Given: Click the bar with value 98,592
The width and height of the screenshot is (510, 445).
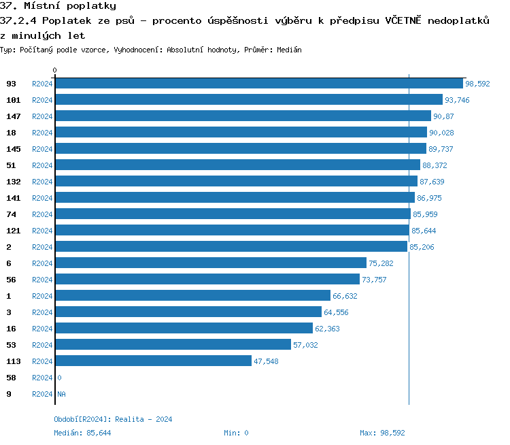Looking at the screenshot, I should (258, 84).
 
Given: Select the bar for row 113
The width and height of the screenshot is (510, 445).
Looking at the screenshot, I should (153, 361).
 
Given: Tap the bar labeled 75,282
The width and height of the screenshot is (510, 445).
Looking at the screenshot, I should (211, 263).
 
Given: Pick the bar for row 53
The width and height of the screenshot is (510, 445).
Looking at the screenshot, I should (173, 345).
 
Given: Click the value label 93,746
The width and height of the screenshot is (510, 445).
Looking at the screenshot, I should (457, 100).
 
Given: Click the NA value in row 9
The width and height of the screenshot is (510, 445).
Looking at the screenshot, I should (61, 394).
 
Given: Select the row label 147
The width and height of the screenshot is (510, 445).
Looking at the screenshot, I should (14, 116).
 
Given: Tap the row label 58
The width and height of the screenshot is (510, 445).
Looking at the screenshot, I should (11, 378).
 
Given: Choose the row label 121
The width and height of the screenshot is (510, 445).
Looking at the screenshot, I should (14, 231).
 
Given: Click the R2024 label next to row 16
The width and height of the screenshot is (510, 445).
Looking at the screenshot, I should (42, 329).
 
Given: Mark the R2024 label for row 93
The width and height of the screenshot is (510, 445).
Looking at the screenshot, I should (42, 84).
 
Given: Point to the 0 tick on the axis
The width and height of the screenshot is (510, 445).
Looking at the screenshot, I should (55, 71).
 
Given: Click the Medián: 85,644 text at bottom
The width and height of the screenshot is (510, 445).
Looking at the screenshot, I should (82, 433).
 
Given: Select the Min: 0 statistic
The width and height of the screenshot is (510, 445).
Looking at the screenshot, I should (236, 433).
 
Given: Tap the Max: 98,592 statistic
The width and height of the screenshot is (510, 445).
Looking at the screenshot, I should (382, 433).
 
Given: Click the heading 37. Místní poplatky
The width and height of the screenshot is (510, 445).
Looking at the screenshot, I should (58, 6).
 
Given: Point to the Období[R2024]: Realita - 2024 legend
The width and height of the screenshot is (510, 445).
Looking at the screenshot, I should (113, 419).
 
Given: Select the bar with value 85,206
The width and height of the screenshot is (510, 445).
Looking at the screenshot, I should (231, 247).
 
